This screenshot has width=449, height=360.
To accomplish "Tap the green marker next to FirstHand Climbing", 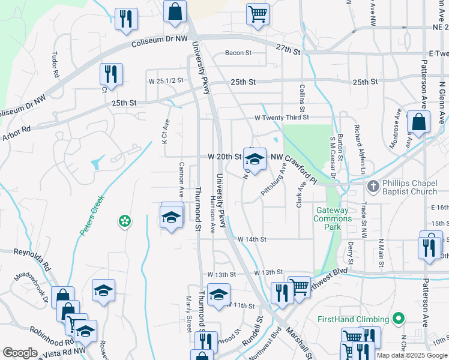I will click(397, 317).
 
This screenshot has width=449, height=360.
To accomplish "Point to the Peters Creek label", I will click(91, 215).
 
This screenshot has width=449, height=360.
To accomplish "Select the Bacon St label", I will click(238, 53).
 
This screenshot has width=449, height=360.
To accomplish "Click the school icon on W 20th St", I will click(255, 159).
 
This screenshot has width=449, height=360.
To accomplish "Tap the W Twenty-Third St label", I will click(282, 118).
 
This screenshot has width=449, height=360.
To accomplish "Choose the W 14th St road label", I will click(252, 239).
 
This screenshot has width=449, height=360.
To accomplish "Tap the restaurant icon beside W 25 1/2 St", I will click(111, 74).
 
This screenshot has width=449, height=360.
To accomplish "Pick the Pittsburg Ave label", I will click(273, 184).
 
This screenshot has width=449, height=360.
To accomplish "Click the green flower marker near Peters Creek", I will click(124, 222).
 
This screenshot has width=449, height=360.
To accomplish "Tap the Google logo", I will click(20, 353).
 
